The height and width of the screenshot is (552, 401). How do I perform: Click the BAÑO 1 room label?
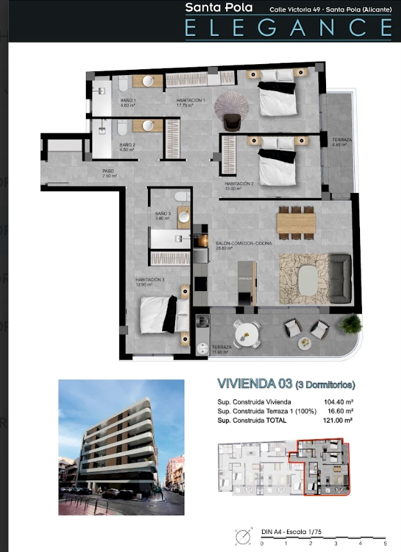[x=128, y=103]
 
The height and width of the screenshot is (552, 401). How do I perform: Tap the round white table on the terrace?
[x=246, y=331]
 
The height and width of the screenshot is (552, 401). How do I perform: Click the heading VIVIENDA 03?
[x=255, y=385]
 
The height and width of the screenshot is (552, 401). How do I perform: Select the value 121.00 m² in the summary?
[x=340, y=421]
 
